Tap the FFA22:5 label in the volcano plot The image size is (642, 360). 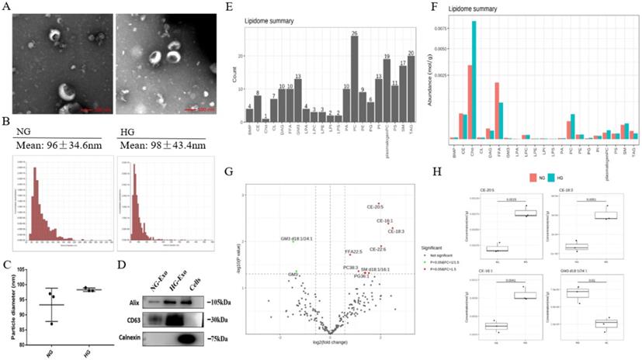(x=353, y=252)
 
